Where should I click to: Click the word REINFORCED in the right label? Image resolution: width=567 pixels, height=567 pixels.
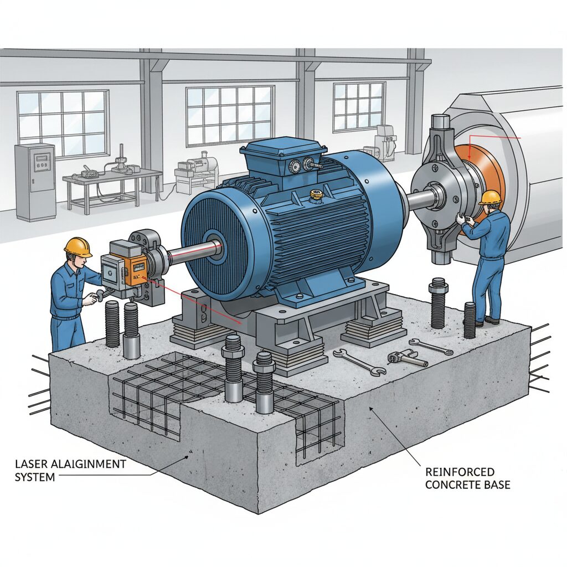click(460, 472)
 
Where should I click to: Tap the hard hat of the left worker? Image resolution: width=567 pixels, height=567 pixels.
click(78, 246)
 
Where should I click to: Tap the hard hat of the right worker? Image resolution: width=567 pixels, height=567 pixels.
click(491, 197)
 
